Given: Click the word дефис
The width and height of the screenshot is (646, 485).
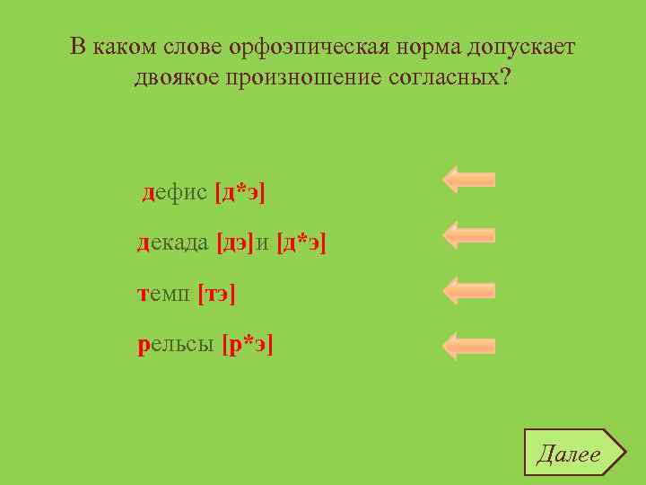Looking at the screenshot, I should point(175,192).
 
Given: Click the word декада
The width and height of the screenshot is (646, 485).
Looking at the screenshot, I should point(173,242).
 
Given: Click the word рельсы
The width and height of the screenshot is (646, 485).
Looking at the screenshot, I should point(176,345).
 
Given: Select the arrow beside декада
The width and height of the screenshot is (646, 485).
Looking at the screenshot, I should point(468,234).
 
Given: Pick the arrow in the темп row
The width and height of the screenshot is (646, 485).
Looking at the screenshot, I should point(468,290).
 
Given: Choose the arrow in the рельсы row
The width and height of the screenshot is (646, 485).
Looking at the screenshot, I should point(468,346).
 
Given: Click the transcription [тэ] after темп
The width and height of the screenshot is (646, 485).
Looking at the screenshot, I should point(217,293).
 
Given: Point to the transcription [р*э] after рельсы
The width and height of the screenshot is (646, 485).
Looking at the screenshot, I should point(248,345).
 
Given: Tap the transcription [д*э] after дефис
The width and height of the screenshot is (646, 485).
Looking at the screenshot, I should point(240,192).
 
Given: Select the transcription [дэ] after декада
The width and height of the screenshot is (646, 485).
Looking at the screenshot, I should point(236,242).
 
